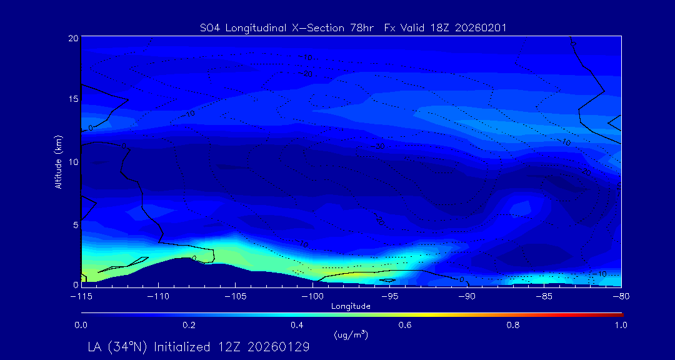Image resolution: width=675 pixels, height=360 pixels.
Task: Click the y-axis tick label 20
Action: (73, 39)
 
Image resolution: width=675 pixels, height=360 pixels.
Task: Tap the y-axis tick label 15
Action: (73, 99)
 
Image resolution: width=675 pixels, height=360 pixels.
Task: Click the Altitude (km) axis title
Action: (58, 162)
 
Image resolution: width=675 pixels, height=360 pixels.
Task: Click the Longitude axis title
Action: (351, 306)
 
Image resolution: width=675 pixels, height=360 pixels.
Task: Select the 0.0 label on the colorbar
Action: (81, 325)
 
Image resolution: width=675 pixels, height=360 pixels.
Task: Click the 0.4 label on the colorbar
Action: (297, 325)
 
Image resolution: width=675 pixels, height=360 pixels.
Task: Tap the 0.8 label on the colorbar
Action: (513, 325)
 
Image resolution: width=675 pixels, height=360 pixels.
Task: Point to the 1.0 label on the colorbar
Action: (621, 325)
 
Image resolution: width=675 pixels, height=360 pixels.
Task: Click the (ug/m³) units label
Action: (351, 335)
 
